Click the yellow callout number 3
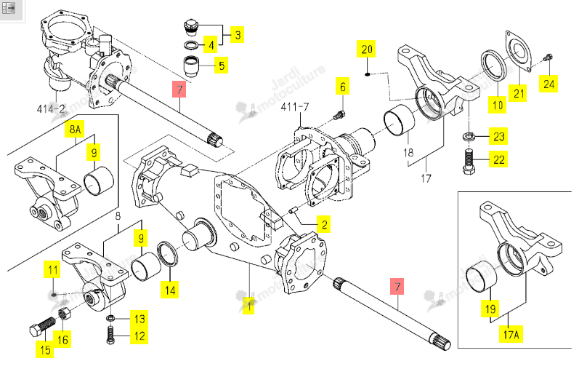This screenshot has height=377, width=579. [238, 35]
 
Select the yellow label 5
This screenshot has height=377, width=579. [221, 66]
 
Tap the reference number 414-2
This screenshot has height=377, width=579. [51, 108]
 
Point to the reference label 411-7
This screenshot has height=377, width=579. [295, 107]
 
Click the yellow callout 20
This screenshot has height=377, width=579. [366, 49]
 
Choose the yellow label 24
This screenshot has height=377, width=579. [548, 84]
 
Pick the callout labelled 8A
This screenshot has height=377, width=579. [75, 129]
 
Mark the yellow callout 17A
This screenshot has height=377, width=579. [511, 335]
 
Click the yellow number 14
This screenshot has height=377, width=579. [170, 290]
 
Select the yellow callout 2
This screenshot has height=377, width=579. [324, 225]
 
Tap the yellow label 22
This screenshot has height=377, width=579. [498, 159]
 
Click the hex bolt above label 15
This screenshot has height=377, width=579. [42, 328]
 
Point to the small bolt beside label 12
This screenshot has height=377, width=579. [110, 336]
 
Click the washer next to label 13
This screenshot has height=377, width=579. [110, 318]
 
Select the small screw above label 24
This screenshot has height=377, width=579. [548, 57]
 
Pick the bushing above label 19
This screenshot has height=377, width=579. [482, 277]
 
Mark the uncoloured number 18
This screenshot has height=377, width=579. [408, 152]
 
